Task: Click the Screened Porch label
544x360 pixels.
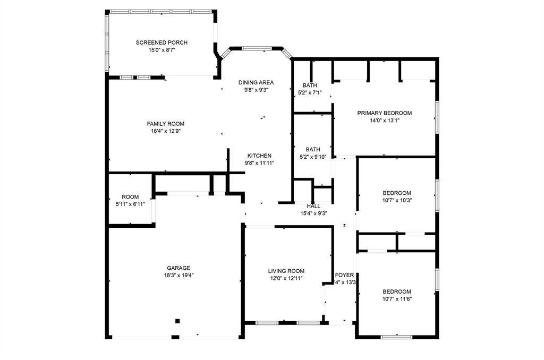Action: click(x=161, y=42)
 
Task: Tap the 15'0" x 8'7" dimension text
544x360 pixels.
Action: click(x=161, y=50)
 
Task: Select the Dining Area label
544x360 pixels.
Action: click(x=256, y=82)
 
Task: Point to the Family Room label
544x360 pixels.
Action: click(x=166, y=124)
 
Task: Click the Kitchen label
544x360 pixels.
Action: click(x=259, y=156)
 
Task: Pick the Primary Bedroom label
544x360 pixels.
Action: click(x=385, y=113)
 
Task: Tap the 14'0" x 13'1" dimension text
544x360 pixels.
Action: click(x=385, y=121)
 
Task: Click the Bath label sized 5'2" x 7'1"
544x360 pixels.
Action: click(x=310, y=85)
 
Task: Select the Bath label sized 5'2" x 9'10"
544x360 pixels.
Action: click(x=313, y=150)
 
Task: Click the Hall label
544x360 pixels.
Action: click(x=313, y=207)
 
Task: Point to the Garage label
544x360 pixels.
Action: click(x=178, y=268)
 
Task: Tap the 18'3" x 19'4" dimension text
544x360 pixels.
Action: click(x=178, y=276)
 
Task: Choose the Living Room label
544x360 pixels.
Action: click(x=286, y=271)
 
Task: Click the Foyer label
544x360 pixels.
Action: click(x=344, y=275)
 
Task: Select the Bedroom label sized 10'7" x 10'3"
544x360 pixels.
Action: click(x=397, y=193)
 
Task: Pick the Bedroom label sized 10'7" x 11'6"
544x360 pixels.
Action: click(x=397, y=292)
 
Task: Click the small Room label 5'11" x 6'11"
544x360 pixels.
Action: click(x=130, y=197)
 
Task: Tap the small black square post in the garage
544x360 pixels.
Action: click(x=177, y=321)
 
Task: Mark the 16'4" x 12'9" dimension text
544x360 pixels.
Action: click(x=166, y=131)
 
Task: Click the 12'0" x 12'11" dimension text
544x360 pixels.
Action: click(x=286, y=279)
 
